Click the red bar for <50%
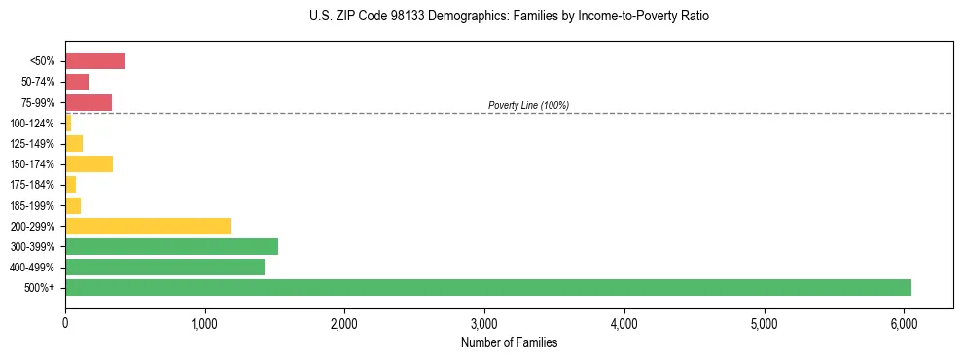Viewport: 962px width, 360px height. pos(94,61)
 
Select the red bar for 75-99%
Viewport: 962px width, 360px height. pos(89,102)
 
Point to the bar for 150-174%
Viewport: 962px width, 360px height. pos(89,163)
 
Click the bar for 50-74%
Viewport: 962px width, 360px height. pos(77,82)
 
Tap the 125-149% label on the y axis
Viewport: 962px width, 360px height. pos(32,144)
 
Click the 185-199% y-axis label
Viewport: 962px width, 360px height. pos(32,205)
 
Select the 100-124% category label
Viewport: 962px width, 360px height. pos(32,124)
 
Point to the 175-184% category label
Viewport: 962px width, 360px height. pos(32,185)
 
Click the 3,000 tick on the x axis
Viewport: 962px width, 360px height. pos(484,324)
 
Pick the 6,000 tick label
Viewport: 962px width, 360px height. pos(904,324)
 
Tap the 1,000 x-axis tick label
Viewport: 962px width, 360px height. pos(204,324)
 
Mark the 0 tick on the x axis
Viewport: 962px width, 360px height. pos(65,324)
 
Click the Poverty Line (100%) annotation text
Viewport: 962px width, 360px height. pos(528,105)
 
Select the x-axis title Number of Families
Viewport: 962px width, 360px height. pos(509,343)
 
